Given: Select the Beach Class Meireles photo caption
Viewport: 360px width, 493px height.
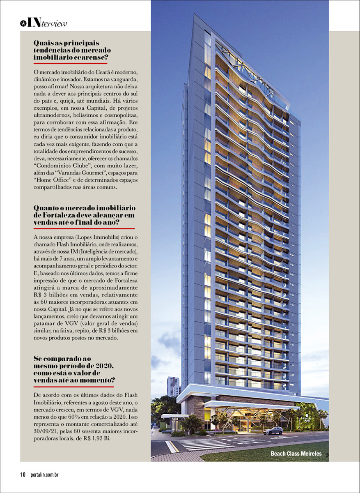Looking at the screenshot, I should (x=296, y=454).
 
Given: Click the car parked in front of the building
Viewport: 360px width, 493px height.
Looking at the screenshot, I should (x=273, y=431).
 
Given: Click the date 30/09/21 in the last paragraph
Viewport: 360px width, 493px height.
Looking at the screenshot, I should (x=46, y=431).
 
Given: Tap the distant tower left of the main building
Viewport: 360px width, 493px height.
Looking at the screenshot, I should (x=172, y=386).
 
